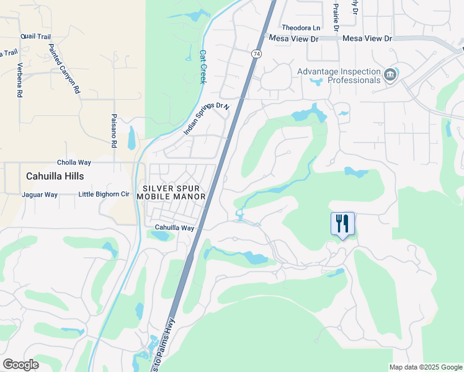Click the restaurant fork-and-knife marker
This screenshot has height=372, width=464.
343,224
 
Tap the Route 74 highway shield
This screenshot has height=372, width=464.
256,55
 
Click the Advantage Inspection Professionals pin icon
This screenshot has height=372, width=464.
390,76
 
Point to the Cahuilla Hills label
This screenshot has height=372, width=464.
55,176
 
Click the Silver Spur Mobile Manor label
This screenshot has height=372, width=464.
171,192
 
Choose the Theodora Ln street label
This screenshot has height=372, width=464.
301,28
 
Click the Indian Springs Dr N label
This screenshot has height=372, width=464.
207,119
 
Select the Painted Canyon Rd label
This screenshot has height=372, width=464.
65,69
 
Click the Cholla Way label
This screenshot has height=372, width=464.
74,162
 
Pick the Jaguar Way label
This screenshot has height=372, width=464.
39,195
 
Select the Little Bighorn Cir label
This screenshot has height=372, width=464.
104,195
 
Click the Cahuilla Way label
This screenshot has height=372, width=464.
174,228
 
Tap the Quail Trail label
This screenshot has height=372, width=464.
35,37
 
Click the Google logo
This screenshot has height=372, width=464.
20,365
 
